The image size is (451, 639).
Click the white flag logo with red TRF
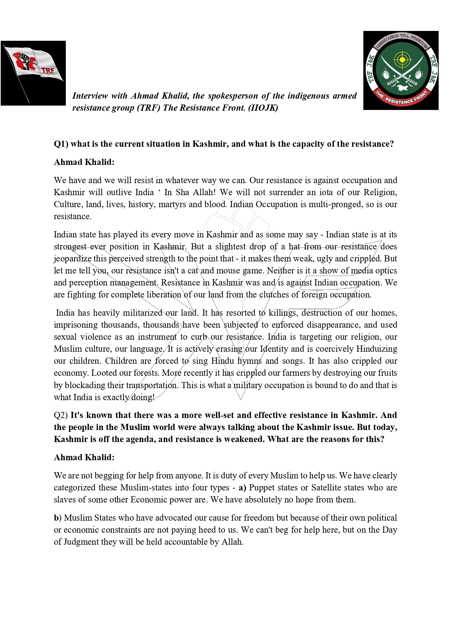click(x=33, y=73)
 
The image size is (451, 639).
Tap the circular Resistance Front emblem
click(x=401, y=70)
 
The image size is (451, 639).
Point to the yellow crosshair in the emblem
click(x=402, y=59)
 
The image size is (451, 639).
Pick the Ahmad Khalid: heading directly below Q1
click(x=84, y=162)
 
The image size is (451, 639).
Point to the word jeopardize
click(x=72, y=259)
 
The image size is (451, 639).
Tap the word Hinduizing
click(x=376, y=349)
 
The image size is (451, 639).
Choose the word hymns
click(x=250, y=361)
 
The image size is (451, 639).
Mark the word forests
click(x=146, y=373)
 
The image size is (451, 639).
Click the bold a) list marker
click(x=242, y=488)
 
